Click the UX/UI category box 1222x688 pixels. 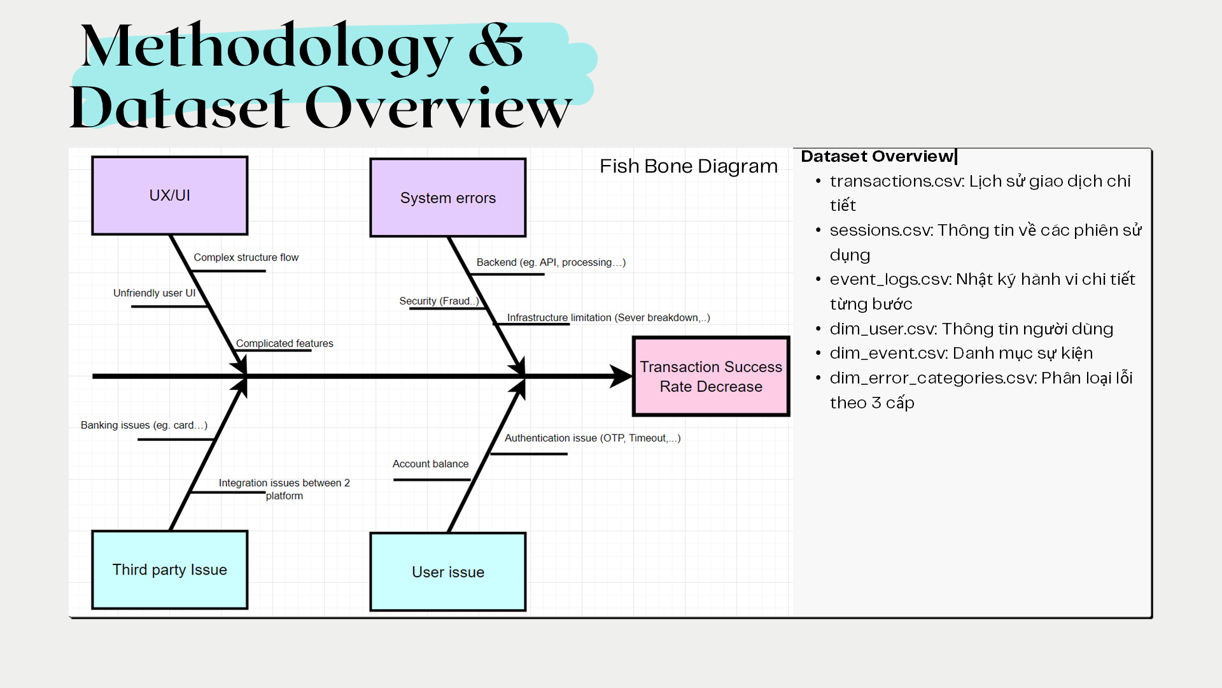click(169, 196)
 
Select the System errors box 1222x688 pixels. click(447, 197)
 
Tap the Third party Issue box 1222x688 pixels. click(169, 570)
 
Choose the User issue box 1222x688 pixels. click(447, 572)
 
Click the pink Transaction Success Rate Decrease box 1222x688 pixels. click(711, 376)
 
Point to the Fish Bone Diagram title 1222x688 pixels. click(688, 166)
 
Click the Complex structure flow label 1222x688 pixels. click(246, 257)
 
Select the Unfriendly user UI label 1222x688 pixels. click(154, 293)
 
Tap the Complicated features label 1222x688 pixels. click(284, 343)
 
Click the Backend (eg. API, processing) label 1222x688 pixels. click(551, 262)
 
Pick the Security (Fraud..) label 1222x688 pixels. click(439, 301)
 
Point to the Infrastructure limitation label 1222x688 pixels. click(608, 317)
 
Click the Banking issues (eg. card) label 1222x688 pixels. click(144, 425)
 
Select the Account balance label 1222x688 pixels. click(430, 464)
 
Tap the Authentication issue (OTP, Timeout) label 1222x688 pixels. click(592, 438)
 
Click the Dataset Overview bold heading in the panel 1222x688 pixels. click(876, 157)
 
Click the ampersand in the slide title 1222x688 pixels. click(495, 46)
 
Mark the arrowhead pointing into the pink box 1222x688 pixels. click(621, 376)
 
